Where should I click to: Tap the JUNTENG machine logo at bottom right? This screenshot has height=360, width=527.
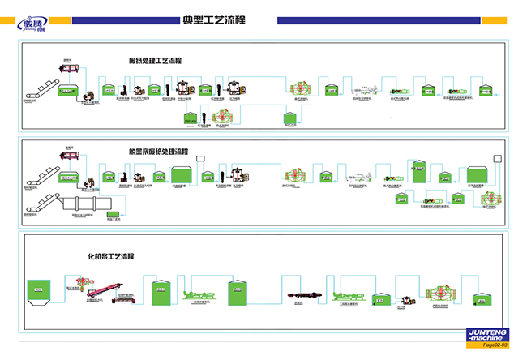(490, 334)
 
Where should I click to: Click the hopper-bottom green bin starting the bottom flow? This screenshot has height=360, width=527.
(36, 290)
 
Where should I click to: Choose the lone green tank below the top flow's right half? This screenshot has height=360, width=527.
(289, 118)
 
